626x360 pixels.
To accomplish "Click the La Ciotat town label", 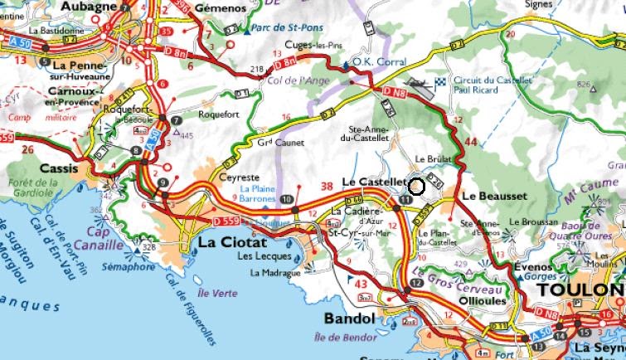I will (x=233, y=243).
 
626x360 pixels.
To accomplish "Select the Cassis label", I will (x=54, y=168).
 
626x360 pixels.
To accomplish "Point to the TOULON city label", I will (x=580, y=290).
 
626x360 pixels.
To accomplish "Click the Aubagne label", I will (x=89, y=6).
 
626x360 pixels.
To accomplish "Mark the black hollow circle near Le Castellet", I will (x=417, y=187).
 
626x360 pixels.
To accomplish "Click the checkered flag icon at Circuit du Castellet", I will (x=440, y=81).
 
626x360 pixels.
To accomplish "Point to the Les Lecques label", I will (x=259, y=256).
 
